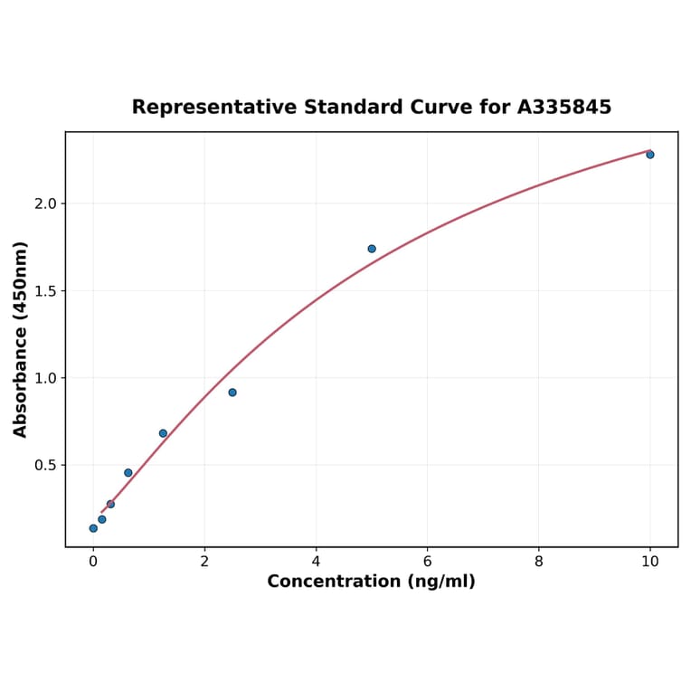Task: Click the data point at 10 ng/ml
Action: pyautogui.click(x=649, y=155)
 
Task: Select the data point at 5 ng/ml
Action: pyautogui.click(x=372, y=249)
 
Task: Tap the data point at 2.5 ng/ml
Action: pyautogui.click(x=232, y=393)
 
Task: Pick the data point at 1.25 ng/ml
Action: pyautogui.click(x=163, y=433)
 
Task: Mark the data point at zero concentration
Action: pyautogui.click(x=93, y=528)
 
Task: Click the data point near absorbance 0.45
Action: pyautogui.click(x=128, y=473)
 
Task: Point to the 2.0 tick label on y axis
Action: pyautogui.click(x=44, y=204)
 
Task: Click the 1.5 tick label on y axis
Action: pyautogui.click(x=44, y=291)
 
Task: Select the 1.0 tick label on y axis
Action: pyautogui.click(x=44, y=378)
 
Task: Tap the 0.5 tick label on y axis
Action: pyautogui.click(x=44, y=466)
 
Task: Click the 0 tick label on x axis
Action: pyautogui.click(x=93, y=562)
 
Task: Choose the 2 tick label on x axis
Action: pyautogui.click(x=204, y=562)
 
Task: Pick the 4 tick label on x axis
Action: pyautogui.click(x=316, y=562)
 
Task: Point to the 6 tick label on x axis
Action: pyautogui.click(x=427, y=562)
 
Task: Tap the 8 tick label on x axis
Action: pyautogui.click(x=539, y=562)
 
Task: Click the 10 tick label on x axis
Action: pyautogui.click(x=649, y=562)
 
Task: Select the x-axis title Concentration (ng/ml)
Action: pyautogui.click(x=371, y=582)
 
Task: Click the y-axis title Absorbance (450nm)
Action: pyautogui.click(x=21, y=339)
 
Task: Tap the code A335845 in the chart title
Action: pyautogui.click(x=564, y=108)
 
